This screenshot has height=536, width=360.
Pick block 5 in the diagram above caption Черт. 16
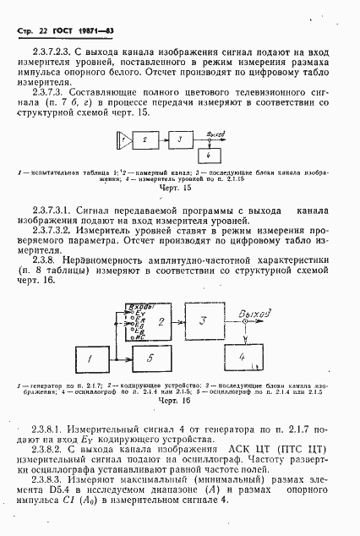[150, 358]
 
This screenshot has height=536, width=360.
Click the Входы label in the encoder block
[137, 304]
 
